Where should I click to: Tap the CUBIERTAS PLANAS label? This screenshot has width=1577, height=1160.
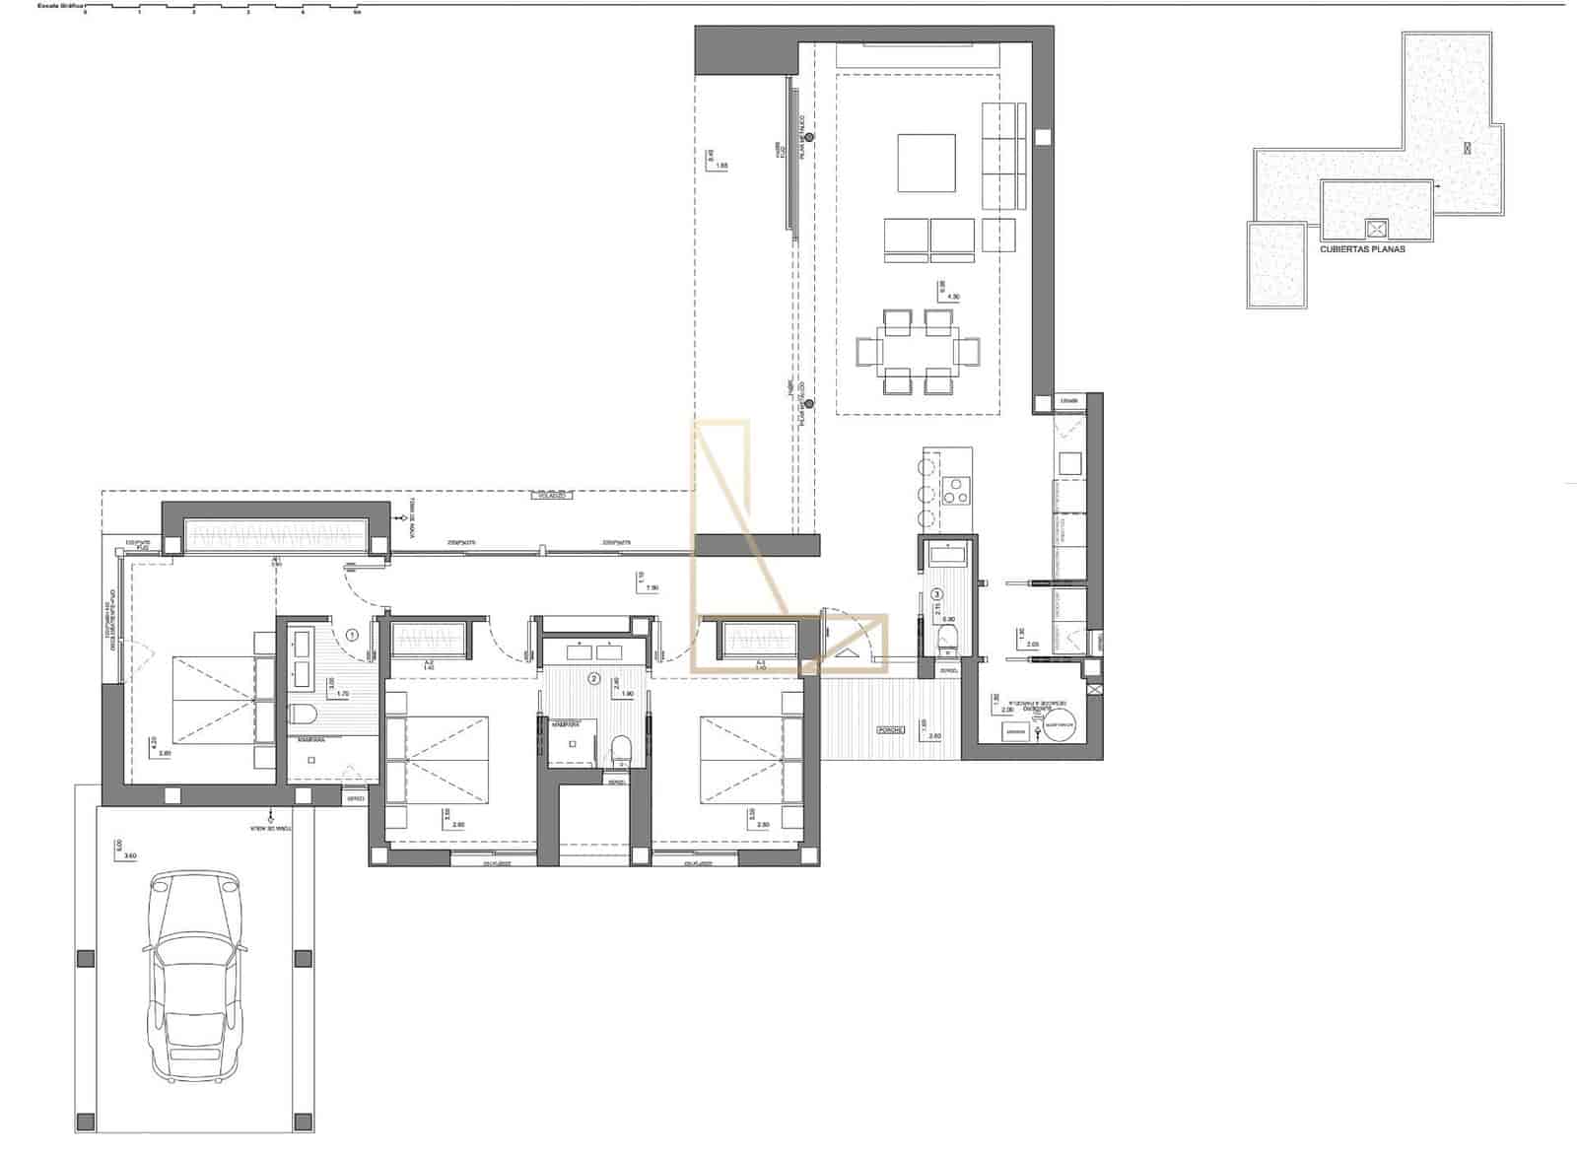(1362, 249)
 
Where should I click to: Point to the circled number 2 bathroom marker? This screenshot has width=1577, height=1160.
(593, 678)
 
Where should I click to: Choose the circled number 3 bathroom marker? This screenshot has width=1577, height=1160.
(936, 594)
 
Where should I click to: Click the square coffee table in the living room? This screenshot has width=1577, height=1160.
(926, 163)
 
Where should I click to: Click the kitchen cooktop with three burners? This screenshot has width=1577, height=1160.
(955, 490)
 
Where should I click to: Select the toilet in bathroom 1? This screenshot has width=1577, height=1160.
(302, 714)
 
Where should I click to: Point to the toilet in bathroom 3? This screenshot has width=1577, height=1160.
(947, 637)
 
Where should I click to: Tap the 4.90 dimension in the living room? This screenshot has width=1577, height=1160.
(952, 296)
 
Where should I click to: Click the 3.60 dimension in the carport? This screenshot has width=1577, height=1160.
(126, 855)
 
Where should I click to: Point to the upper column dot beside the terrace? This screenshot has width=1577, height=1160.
(809, 138)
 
